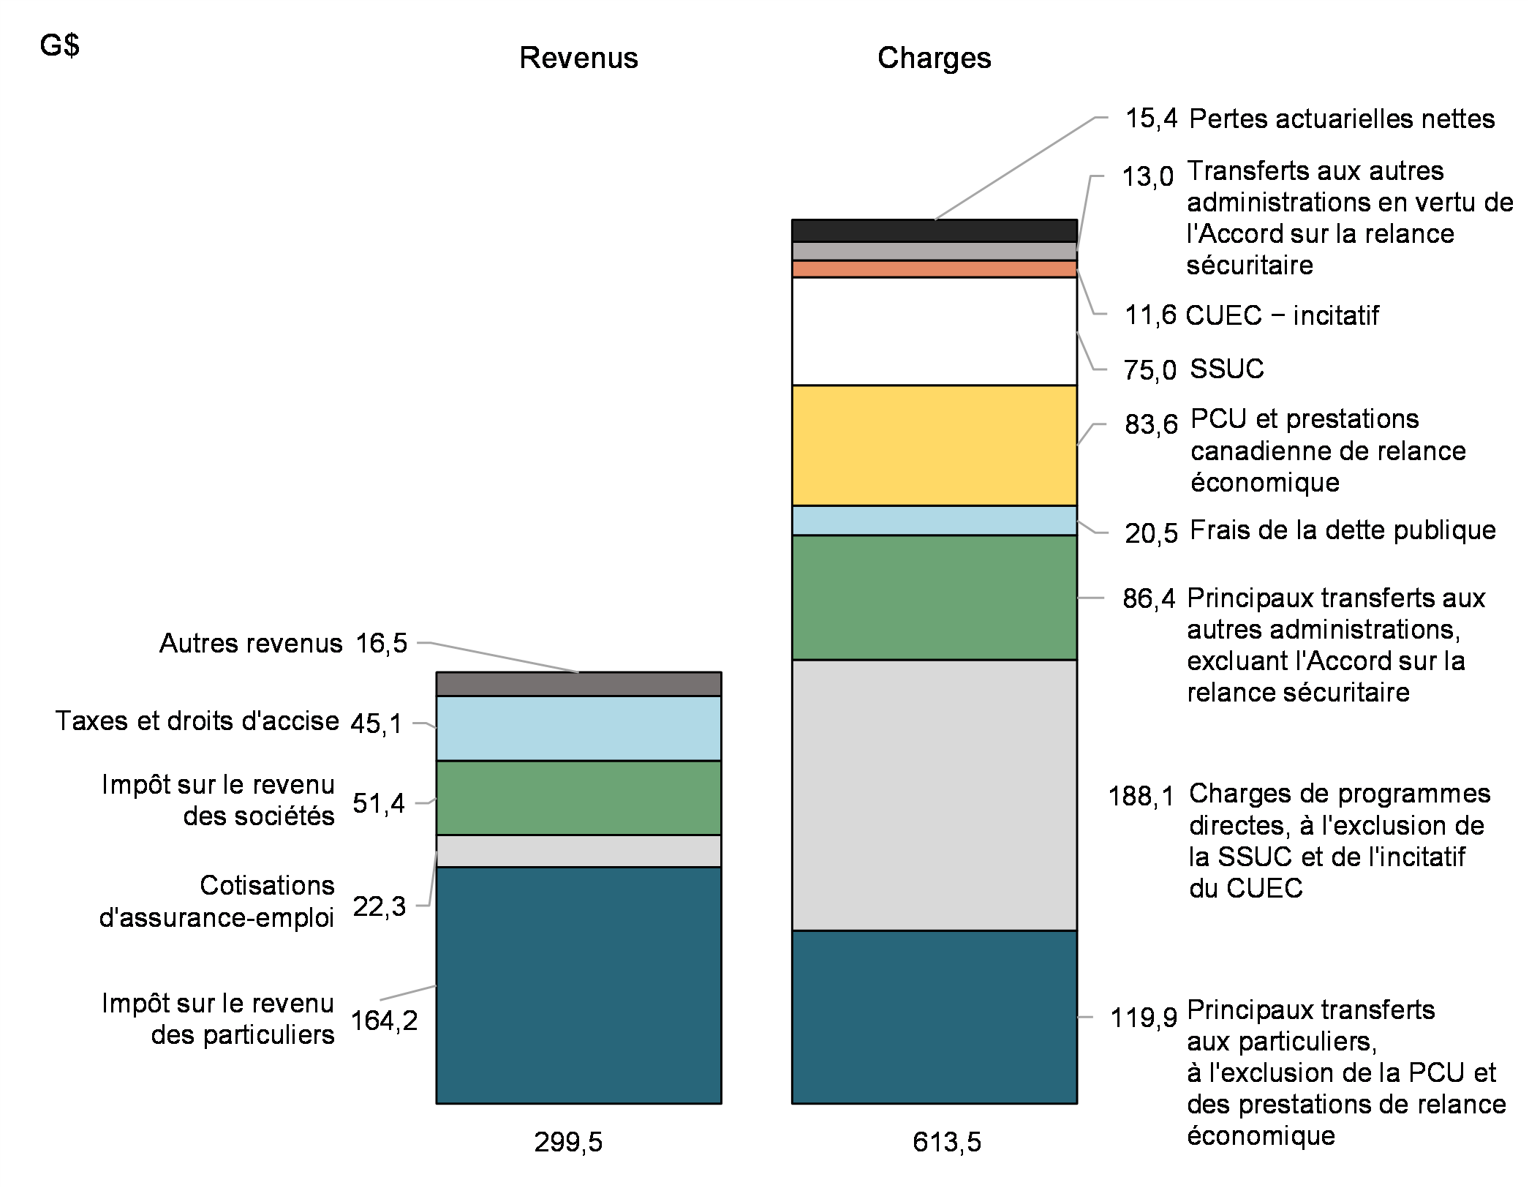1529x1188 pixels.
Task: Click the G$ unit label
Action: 59,46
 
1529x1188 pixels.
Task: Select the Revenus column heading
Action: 578,58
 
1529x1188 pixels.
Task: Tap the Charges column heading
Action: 934,58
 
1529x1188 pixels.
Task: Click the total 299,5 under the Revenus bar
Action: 568,1142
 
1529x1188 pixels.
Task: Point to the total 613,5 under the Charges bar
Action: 946,1142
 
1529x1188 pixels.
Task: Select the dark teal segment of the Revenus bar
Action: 578,985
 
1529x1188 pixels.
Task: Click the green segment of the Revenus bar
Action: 578,797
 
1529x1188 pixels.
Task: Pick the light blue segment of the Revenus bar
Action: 578,728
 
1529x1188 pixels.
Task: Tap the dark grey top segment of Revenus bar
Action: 578,684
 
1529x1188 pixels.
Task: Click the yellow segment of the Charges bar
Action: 934,445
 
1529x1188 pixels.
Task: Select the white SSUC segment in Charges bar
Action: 934,331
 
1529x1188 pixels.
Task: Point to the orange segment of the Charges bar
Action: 934,268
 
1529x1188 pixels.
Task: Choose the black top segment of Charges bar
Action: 934,230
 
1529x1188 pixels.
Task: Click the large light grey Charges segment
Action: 934,794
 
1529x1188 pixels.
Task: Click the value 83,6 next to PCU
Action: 1151,424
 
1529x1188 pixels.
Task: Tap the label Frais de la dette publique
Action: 1343,530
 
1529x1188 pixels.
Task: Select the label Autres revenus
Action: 251,643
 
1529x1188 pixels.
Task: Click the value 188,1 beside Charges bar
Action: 1141,796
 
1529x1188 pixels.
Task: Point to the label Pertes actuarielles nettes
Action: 1342,119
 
